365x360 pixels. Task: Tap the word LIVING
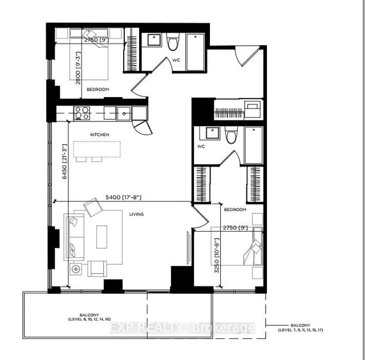pos(136,215)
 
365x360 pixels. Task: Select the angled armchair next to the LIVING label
pos(92,208)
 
